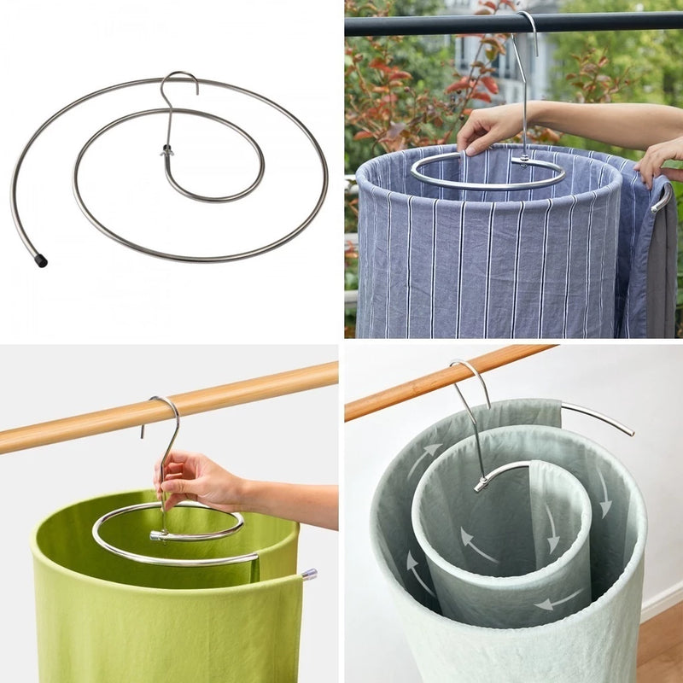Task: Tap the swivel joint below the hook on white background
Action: (x=166, y=152)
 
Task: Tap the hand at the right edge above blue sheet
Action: (x=661, y=159)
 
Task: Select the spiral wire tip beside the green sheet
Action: (x=308, y=574)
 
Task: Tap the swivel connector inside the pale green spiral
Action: (x=482, y=484)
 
